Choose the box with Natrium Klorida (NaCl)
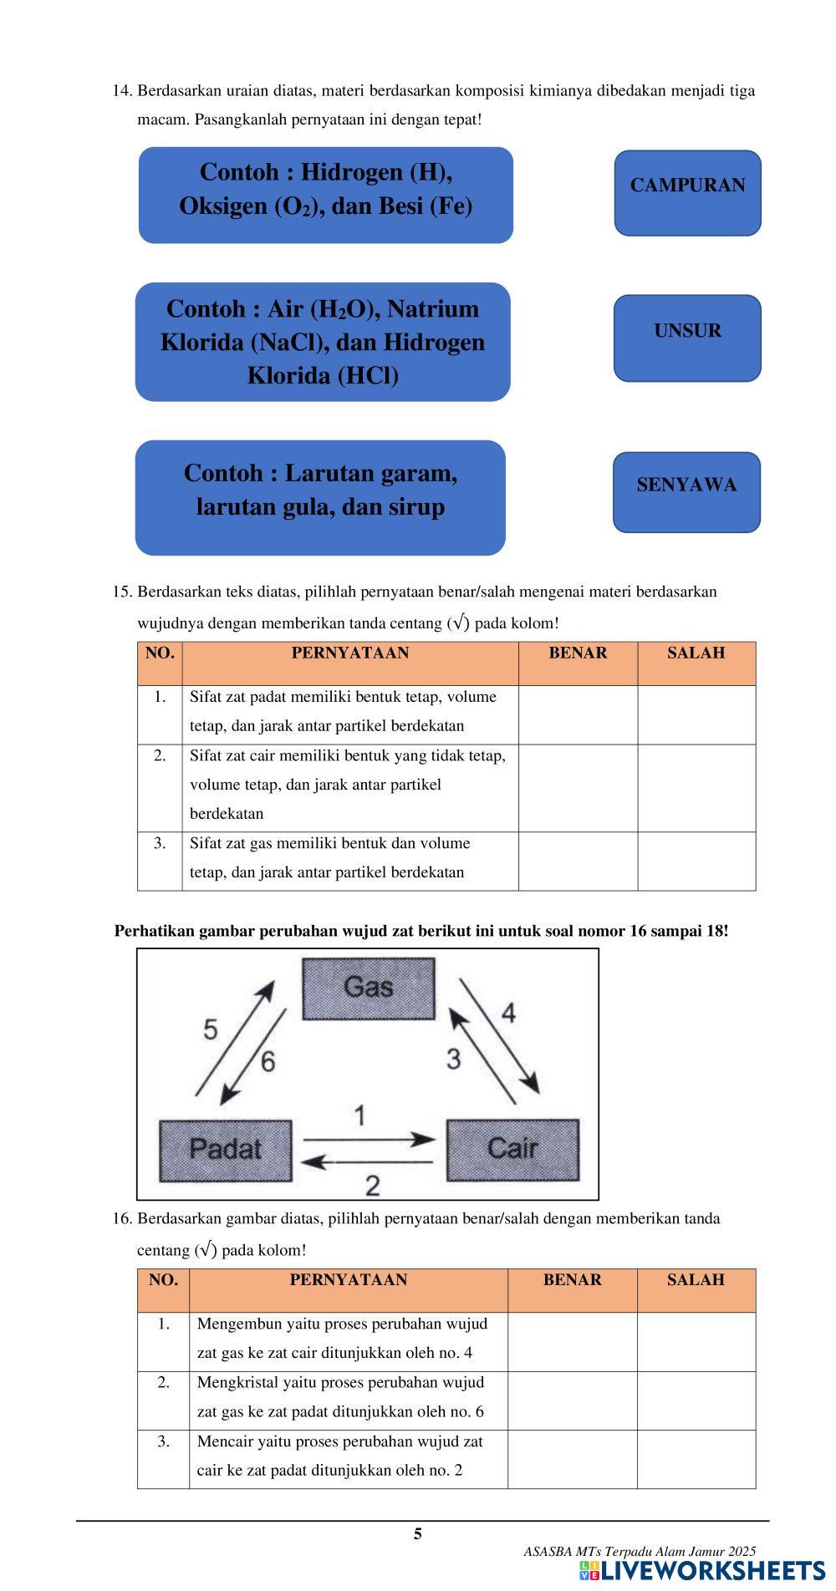point(323,342)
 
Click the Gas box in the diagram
point(368,988)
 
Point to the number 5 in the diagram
point(211,1029)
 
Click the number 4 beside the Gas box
point(508,1013)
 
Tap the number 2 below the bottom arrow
point(373,1185)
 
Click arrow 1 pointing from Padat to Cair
point(368,1139)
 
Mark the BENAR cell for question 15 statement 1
point(578,714)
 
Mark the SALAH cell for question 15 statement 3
point(696,861)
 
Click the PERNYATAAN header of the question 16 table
point(348,1280)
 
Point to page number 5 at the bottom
point(418,1533)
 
